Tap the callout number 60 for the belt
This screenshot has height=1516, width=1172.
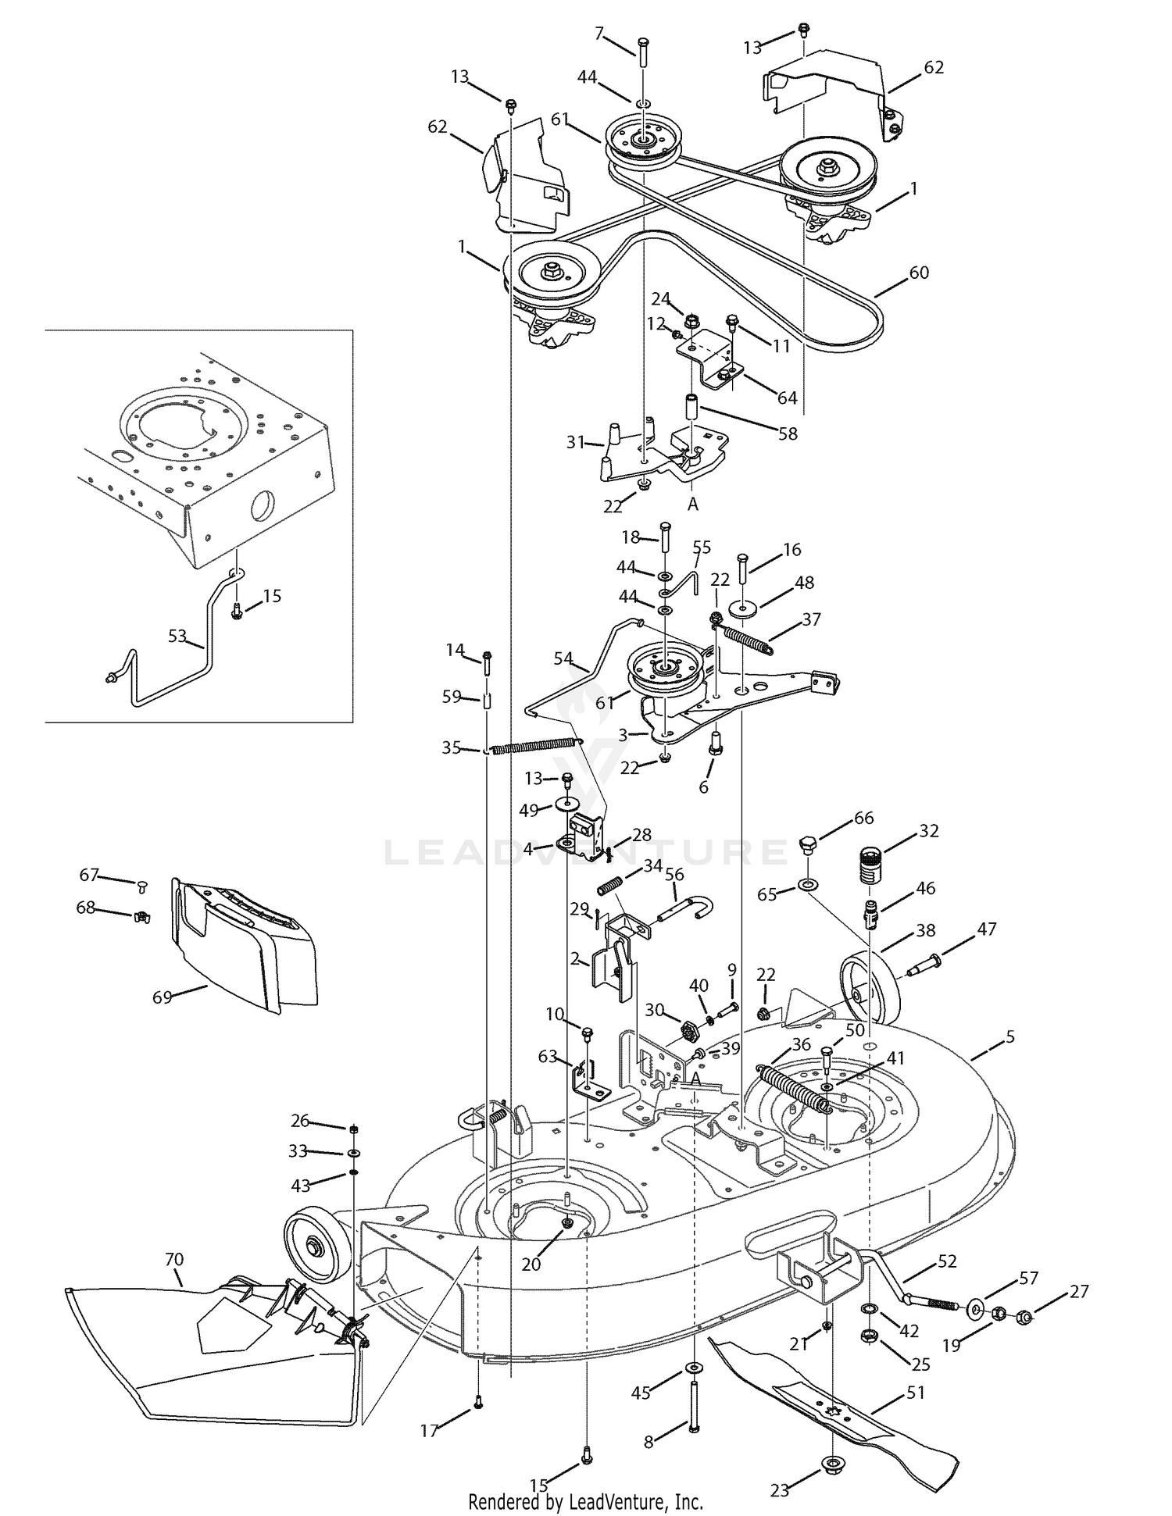point(919,273)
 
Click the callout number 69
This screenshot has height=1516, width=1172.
point(162,997)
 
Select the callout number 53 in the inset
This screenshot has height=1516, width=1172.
point(177,636)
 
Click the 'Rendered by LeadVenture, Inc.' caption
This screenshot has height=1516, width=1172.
point(586,1501)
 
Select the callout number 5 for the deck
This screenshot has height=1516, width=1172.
point(1010,1036)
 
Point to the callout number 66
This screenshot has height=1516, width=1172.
point(863,819)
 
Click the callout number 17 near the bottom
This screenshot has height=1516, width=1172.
point(429,1430)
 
